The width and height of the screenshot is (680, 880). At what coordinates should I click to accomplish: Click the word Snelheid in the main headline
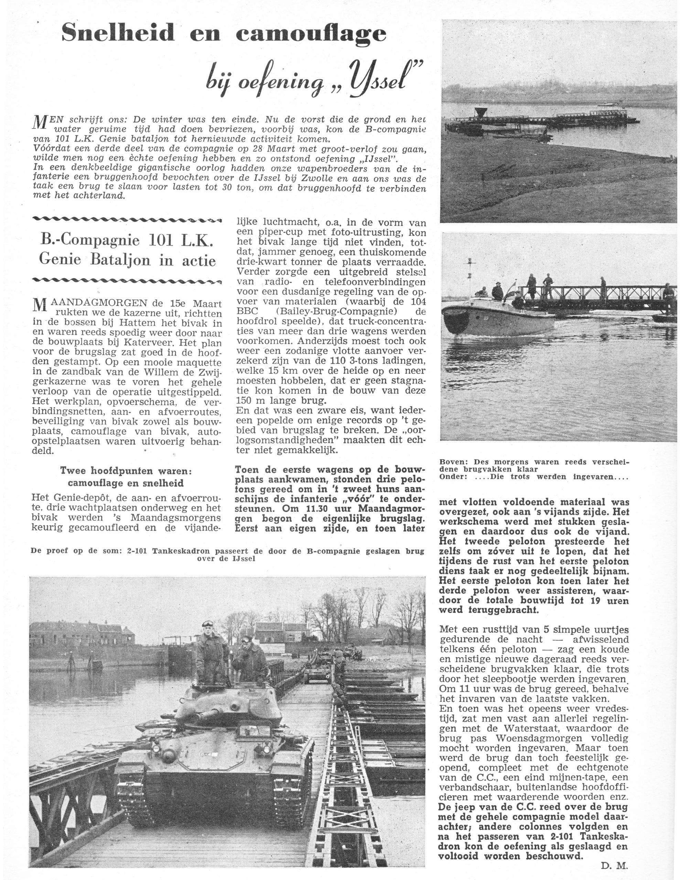118,32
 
